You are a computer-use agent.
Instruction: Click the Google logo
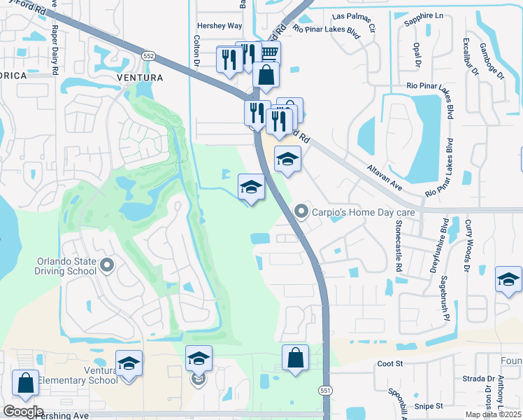click(x=22, y=412)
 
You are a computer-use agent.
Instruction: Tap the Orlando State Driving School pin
click(x=106, y=265)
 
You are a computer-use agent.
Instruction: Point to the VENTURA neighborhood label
click(x=140, y=77)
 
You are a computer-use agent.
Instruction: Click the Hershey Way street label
click(x=219, y=25)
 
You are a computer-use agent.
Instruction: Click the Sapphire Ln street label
click(x=424, y=15)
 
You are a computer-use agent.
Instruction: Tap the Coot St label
click(x=391, y=364)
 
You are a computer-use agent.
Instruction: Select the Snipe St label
click(x=429, y=405)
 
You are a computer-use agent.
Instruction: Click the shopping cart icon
click(x=268, y=52)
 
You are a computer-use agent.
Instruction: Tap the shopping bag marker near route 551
click(x=296, y=357)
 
